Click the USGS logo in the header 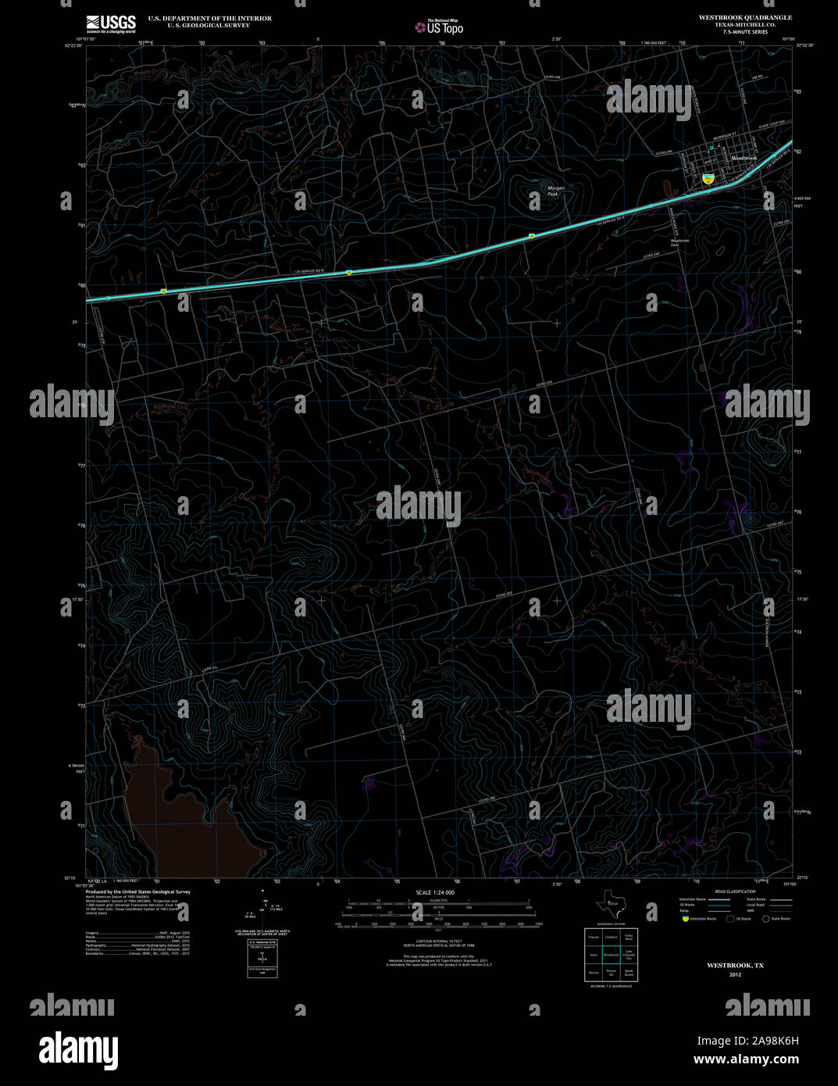111,23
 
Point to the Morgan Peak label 555,190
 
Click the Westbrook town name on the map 744,159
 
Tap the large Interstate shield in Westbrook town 708,179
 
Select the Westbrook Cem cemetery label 679,242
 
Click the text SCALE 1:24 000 435,892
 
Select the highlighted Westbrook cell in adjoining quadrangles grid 611,955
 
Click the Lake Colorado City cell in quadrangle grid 629,955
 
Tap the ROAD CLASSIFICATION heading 735,891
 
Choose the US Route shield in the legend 730,919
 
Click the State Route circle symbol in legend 766,919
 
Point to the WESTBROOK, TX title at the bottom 735,966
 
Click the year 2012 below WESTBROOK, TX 735,975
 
